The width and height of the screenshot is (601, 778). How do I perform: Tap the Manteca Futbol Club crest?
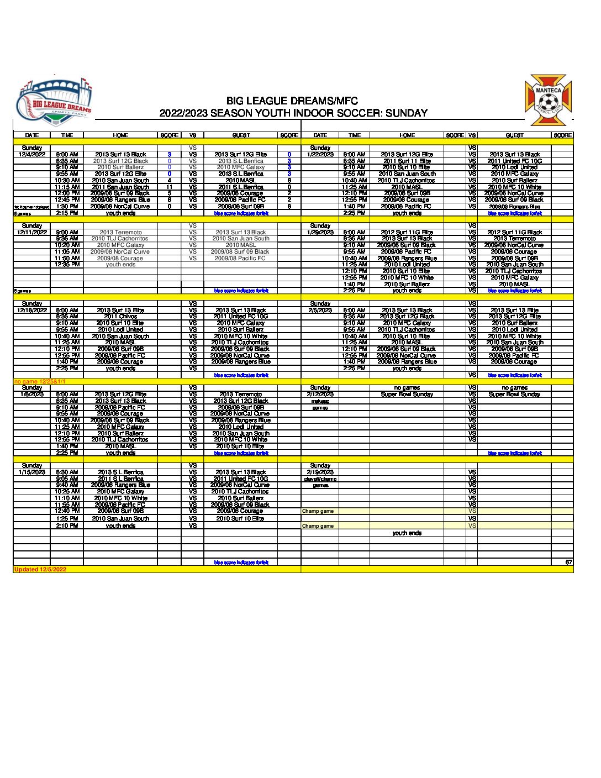click(548, 101)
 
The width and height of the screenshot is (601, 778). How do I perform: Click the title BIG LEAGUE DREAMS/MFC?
click(292, 101)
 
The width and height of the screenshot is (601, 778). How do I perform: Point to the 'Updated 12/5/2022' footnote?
click(40, 569)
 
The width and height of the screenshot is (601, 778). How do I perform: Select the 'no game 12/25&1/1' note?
click(40, 381)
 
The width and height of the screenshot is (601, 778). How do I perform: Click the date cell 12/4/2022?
click(32, 155)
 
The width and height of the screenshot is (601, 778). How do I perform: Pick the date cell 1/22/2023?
click(320, 155)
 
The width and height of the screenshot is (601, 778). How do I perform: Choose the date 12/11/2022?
click(32, 233)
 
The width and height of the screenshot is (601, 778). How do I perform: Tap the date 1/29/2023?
click(320, 233)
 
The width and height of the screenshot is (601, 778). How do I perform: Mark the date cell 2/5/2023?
click(320, 311)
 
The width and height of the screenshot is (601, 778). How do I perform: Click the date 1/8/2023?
click(32, 395)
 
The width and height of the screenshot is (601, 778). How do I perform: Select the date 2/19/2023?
click(320, 472)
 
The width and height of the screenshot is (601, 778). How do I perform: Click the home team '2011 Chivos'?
click(120, 317)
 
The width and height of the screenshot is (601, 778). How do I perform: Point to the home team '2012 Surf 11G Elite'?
click(407, 233)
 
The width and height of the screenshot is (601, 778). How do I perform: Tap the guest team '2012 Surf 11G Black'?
click(514, 233)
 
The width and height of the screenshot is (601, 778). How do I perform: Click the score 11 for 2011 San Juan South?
click(170, 187)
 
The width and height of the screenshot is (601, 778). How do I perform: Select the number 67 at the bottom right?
click(568, 562)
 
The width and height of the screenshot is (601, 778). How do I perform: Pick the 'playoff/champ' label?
click(320, 479)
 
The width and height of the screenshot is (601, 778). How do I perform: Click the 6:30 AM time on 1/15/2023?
click(67, 472)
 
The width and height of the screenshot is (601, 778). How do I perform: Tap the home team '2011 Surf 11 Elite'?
click(407, 161)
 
